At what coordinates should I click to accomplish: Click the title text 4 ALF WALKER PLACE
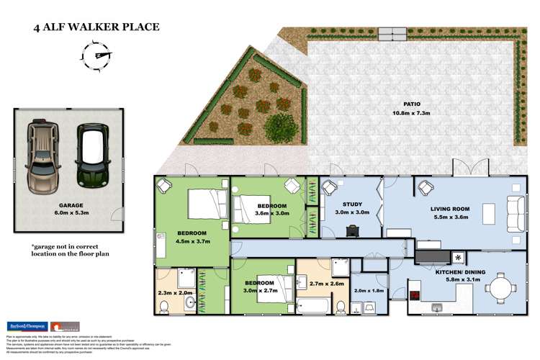coord(96,28)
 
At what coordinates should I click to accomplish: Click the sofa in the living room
coord(516,215)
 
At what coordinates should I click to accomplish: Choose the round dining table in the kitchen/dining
coord(501,290)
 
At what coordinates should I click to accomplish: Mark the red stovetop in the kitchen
coord(415,294)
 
